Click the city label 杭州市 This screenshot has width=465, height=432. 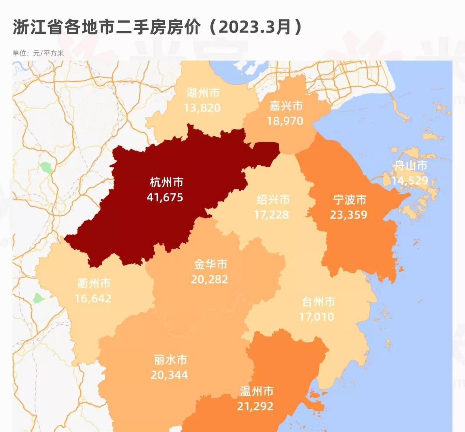point(166,182)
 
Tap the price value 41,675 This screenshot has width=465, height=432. point(165,197)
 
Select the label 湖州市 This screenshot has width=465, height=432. point(203,93)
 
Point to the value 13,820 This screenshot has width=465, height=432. point(202,108)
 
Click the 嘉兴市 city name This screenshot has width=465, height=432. point(286,106)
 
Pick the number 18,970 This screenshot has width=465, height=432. point(285,121)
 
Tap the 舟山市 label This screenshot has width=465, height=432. point(411,165)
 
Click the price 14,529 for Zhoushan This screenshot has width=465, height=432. point(410,181)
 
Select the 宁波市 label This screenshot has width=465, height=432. point(350,200)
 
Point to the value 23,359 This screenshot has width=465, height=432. point(348,215)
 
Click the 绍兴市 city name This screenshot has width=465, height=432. point(273,199)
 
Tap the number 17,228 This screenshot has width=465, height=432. point(272,215)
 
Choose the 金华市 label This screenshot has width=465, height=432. point(210,264)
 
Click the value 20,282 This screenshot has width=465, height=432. point(209,279)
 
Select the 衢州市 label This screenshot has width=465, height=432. point(94,283)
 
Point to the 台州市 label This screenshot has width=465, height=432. point(318,302)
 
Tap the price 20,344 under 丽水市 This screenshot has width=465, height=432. point(169,375)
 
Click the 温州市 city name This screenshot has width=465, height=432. point(256,391)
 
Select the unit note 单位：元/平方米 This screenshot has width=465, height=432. point(38,53)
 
